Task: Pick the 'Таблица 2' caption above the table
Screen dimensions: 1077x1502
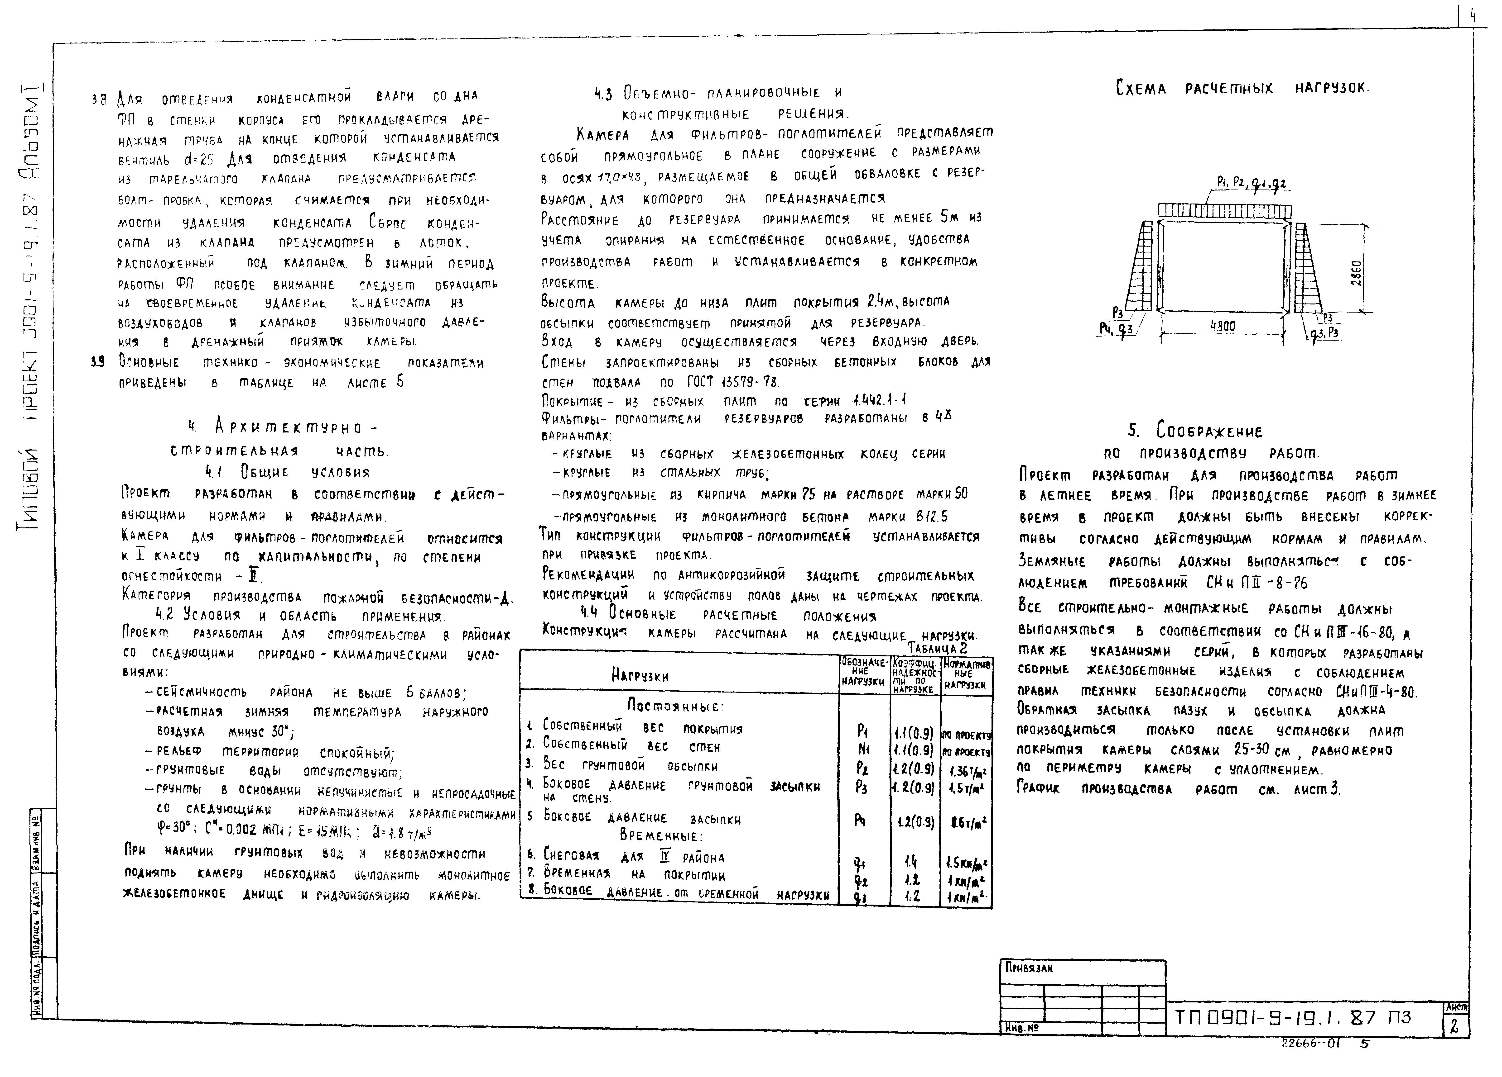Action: [x=937, y=648]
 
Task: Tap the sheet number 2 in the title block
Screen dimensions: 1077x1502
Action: [x=1454, y=1026]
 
